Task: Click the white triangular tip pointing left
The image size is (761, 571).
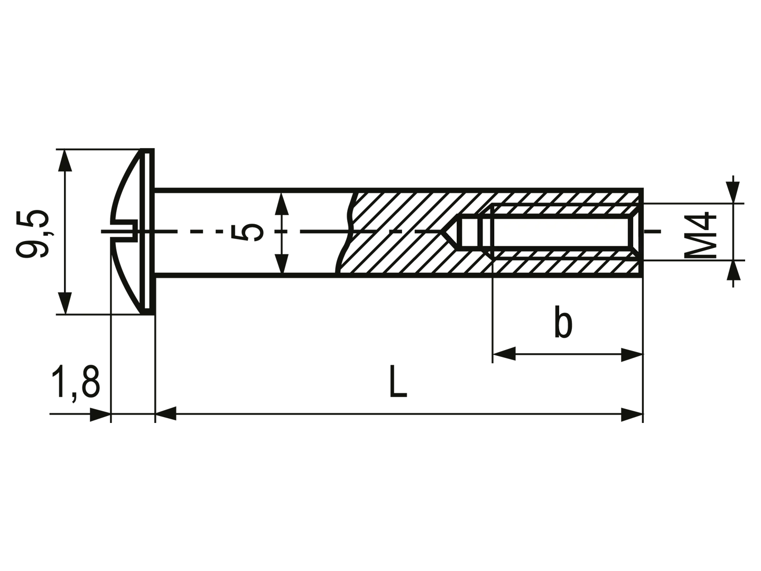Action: coord(452,233)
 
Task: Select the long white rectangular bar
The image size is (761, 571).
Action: coord(561,233)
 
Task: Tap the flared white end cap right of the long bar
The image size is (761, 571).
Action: coord(636,233)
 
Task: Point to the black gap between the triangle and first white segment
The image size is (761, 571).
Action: coord(459,233)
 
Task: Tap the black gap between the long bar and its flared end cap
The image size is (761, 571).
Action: coord(630,233)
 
